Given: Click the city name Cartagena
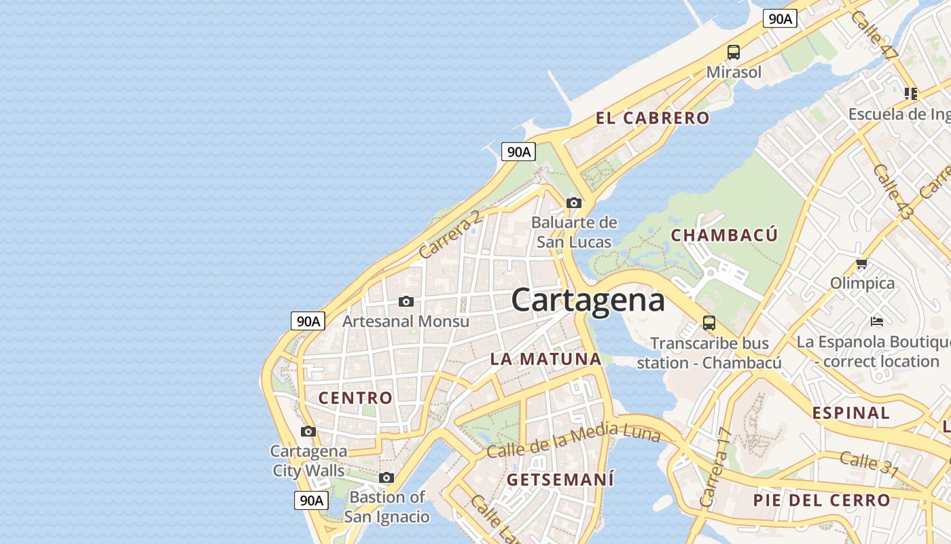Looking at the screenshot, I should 588,300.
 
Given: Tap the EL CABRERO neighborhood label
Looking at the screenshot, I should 652,118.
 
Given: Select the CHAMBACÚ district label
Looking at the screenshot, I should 724,235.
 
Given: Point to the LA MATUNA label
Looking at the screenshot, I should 545,359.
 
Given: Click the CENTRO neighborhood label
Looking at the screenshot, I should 355,398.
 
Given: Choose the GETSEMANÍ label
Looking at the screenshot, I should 560,479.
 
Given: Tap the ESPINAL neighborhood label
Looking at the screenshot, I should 850,413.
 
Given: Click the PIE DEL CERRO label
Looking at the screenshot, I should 821,500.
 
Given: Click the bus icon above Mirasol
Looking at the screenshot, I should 734,52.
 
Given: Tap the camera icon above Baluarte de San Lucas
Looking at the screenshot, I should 574,203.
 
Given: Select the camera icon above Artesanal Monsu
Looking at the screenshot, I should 406,301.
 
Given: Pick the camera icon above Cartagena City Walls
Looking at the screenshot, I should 308,431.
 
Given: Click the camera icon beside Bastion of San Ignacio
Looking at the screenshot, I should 387,477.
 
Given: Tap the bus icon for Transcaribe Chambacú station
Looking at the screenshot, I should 709,322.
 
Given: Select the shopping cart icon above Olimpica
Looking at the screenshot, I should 862,263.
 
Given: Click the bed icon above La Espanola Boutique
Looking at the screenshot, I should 877,321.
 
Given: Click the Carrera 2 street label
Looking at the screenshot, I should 450,235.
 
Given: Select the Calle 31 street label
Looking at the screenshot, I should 869,464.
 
